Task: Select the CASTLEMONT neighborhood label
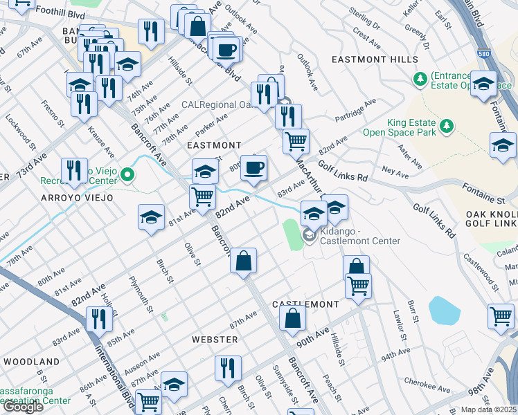(305, 305)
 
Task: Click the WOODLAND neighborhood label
(31, 362)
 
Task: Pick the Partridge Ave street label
(355, 111)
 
